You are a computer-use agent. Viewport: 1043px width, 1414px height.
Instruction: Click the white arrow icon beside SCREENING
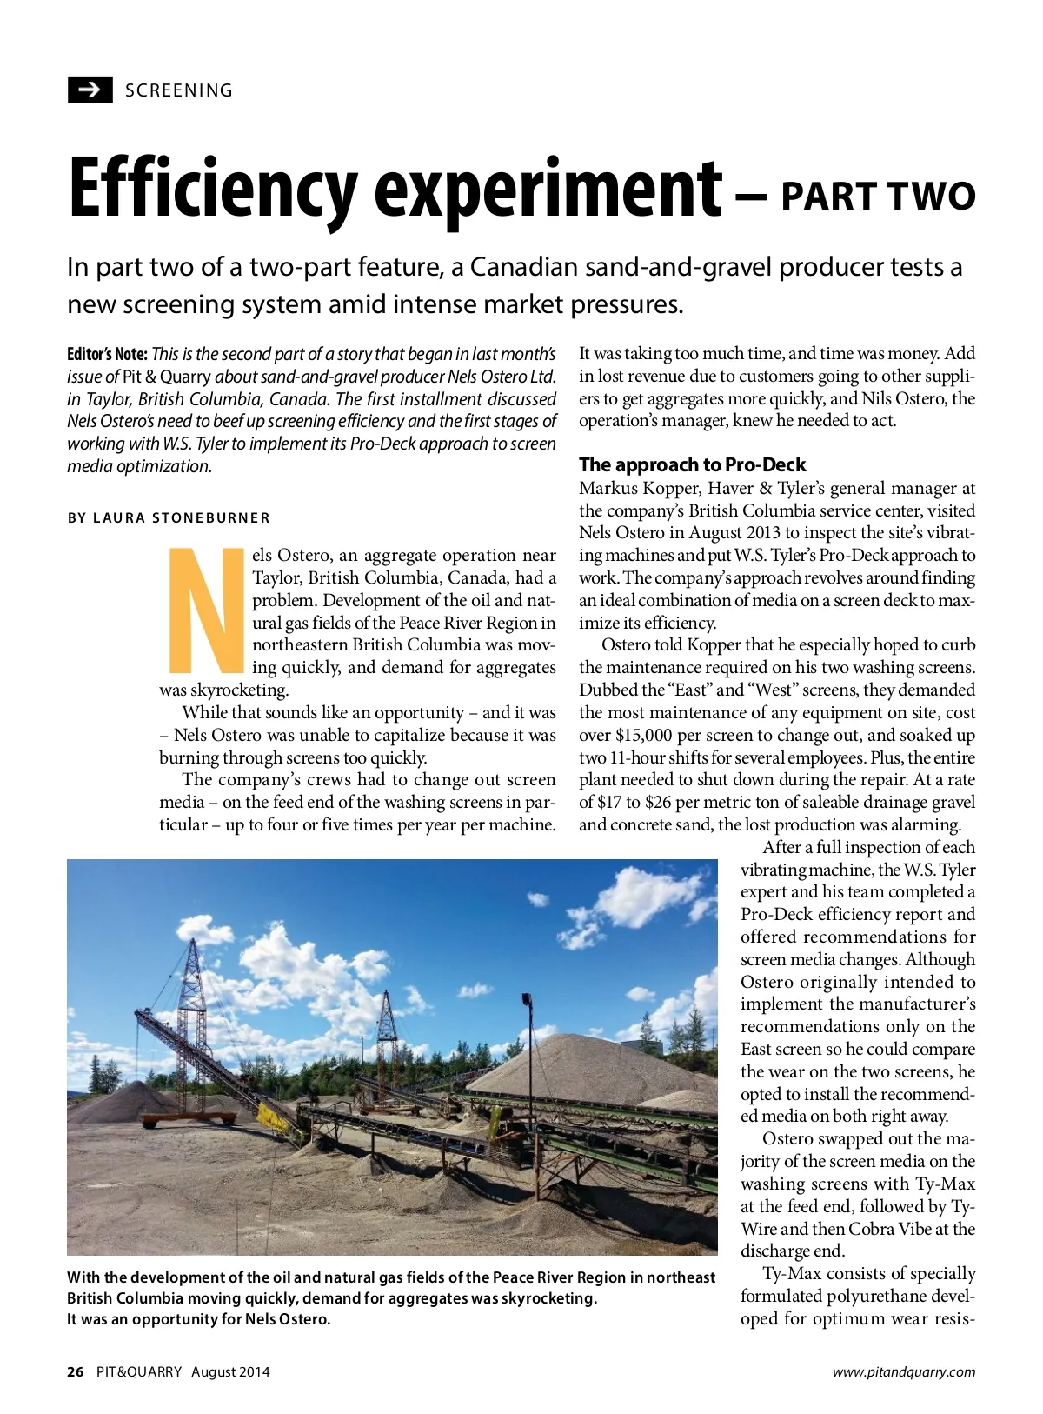(x=90, y=90)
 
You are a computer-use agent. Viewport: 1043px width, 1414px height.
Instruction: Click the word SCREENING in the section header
(x=179, y=90)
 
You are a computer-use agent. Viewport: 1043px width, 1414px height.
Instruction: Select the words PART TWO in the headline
(x=878, y=196)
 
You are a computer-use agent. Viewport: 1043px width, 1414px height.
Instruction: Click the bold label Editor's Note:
(x=107, y=354)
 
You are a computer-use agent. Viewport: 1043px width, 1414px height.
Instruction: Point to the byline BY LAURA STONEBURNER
(x=169, y=517)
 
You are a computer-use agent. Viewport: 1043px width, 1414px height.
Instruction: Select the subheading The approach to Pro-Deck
(x=692, y=464)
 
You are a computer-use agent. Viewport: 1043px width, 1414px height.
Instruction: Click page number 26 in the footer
(x=76, y=1371)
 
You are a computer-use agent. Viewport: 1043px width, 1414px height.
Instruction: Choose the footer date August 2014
(x=230, y=1371)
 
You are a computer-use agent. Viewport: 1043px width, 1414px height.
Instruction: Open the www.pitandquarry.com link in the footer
(x=903, y=1371)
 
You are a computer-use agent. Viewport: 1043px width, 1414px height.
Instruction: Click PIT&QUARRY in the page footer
(x=139, y=1371)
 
